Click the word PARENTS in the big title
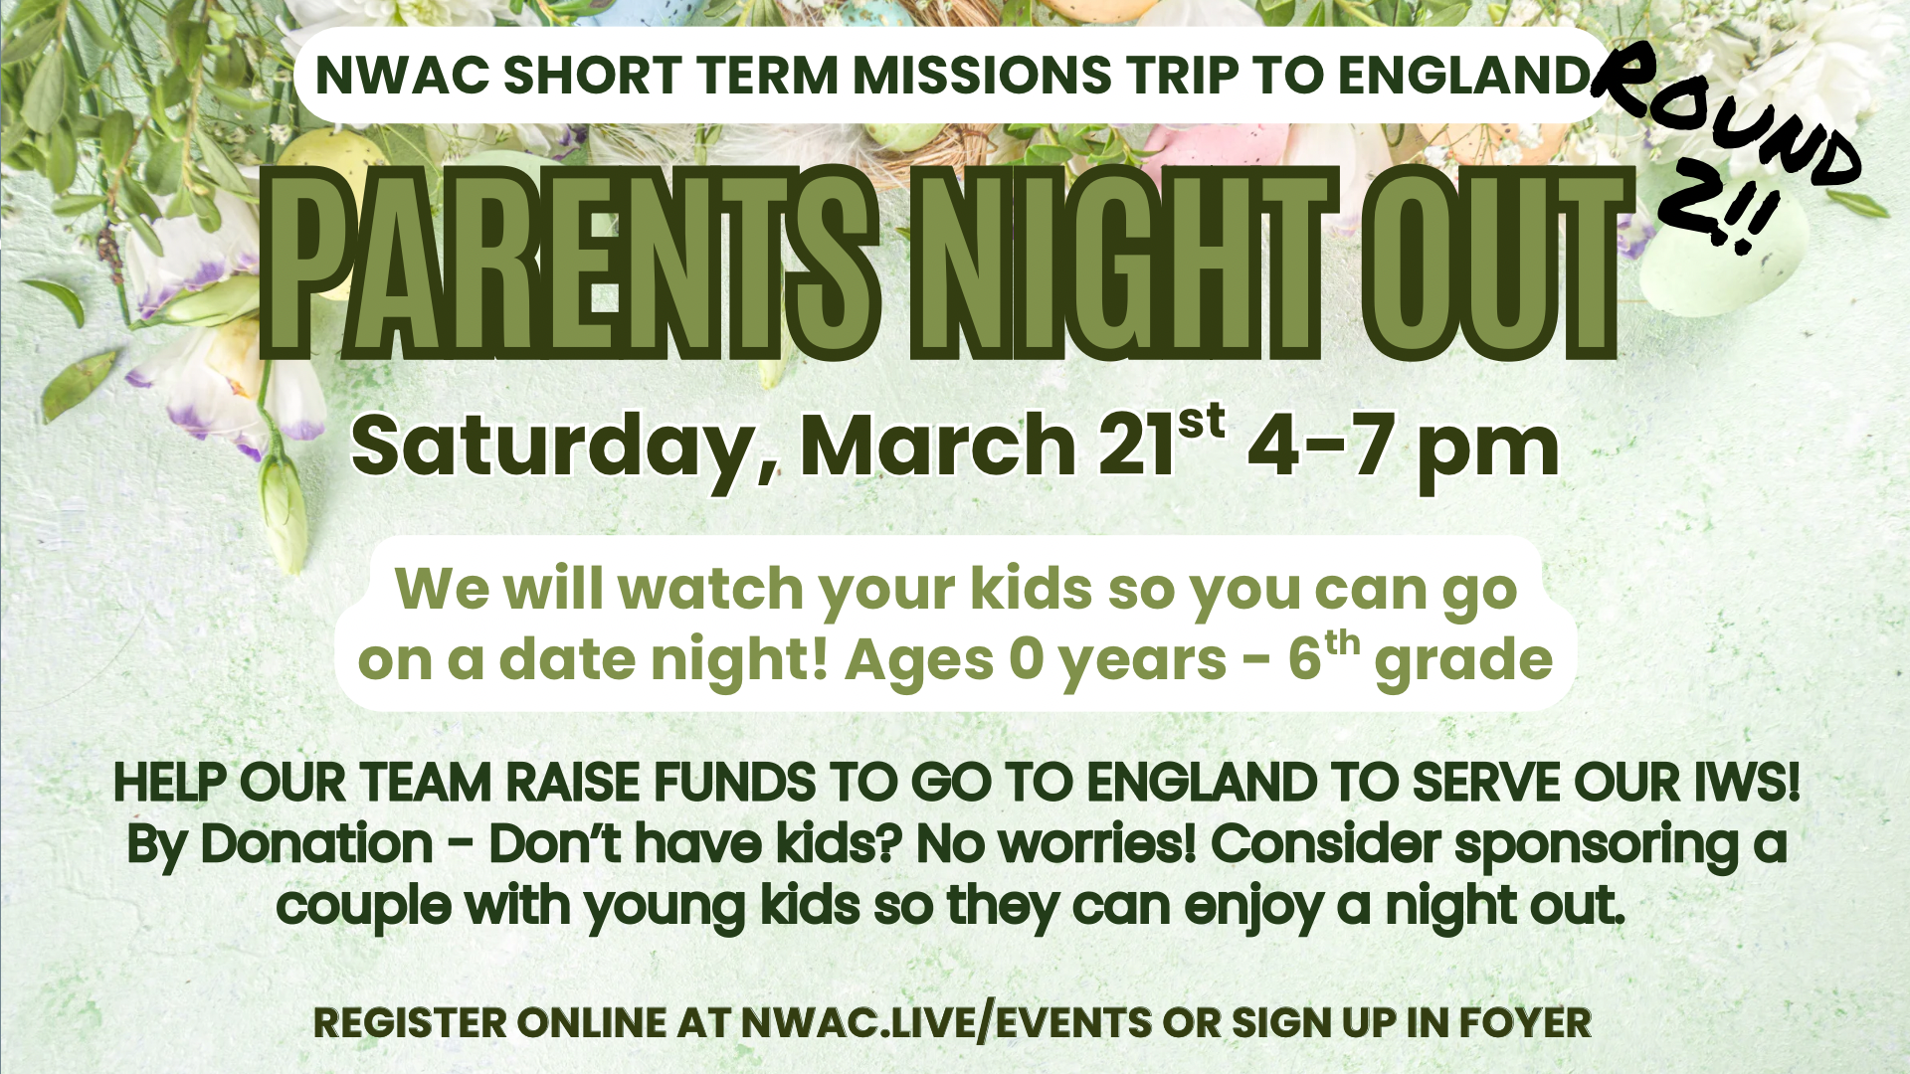click(x=570, y=263)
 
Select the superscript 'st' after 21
click(x=1201, y=422)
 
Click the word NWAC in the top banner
click(x=399, y=76)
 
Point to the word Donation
click(x=317, y=844)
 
